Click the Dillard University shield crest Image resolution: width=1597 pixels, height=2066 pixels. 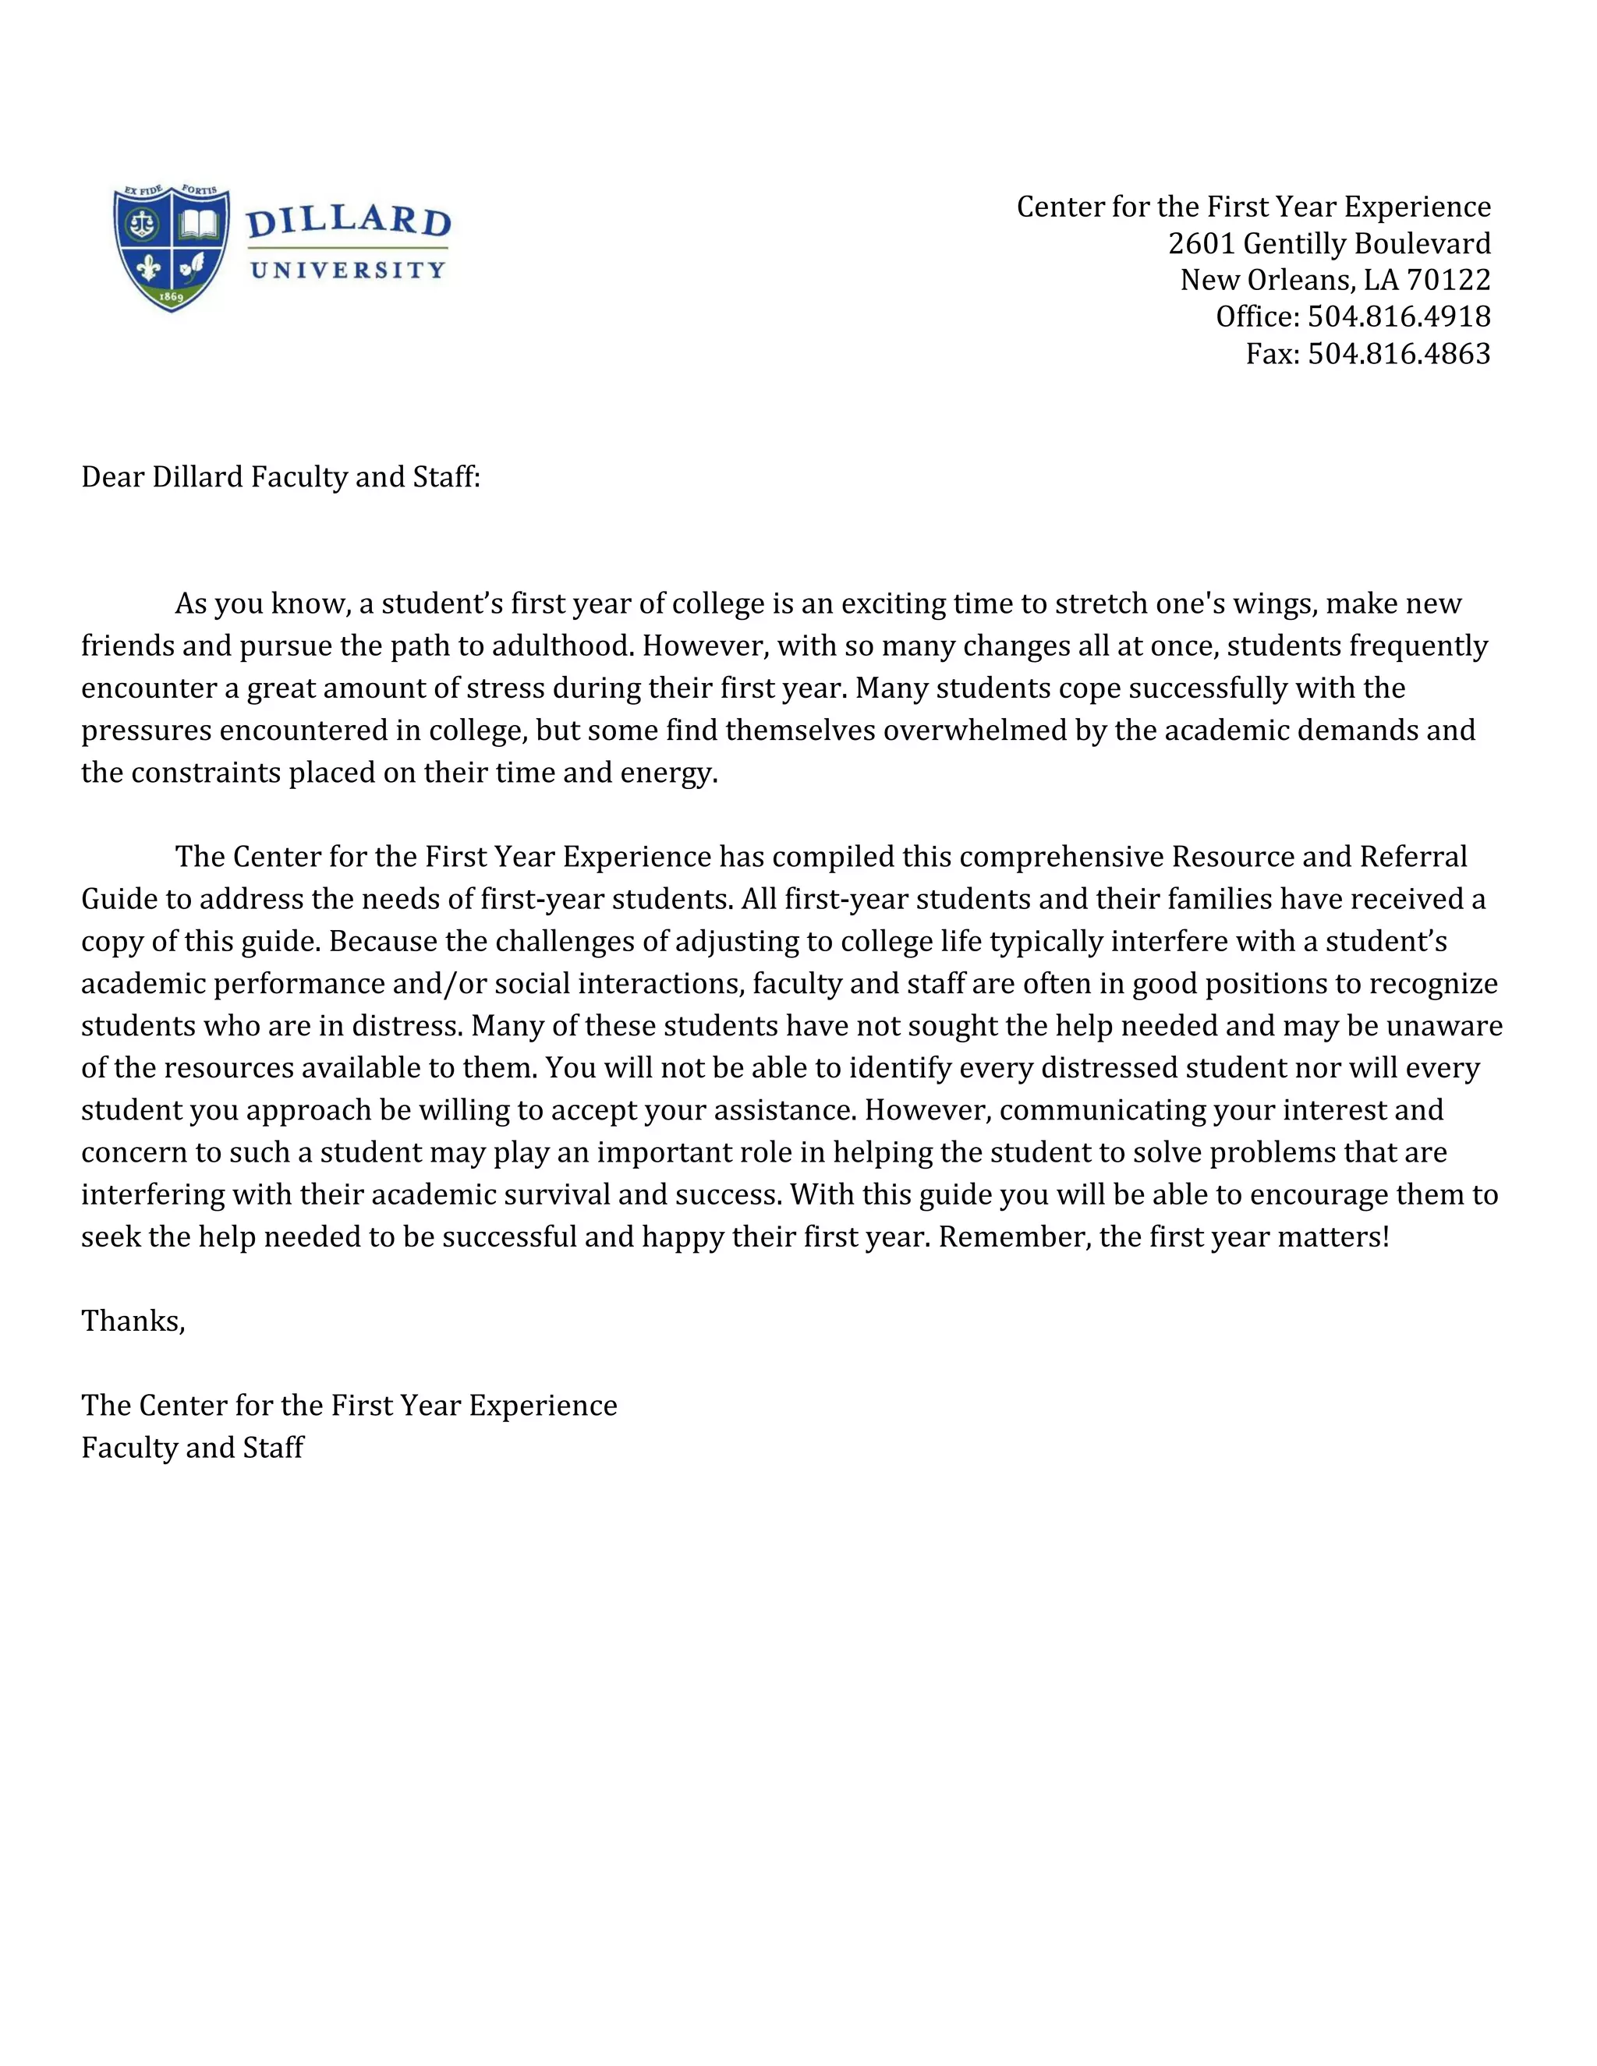point(172,248)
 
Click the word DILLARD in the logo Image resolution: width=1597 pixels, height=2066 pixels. point(348,222)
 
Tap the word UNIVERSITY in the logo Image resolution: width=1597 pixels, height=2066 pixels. point(347,271)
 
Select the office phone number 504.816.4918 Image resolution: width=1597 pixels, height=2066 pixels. point(1398,317)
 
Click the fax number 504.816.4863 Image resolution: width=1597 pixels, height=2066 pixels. point(1398,354)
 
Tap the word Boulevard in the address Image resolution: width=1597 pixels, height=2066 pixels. point(1423,244)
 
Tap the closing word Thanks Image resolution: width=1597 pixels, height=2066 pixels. point(133,1321)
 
